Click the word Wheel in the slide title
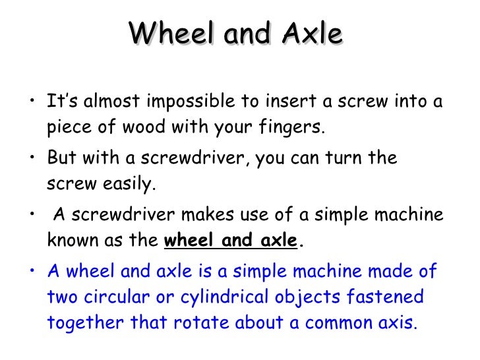(169, 34)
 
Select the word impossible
(195, 103)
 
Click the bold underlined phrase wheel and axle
(230, 240)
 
